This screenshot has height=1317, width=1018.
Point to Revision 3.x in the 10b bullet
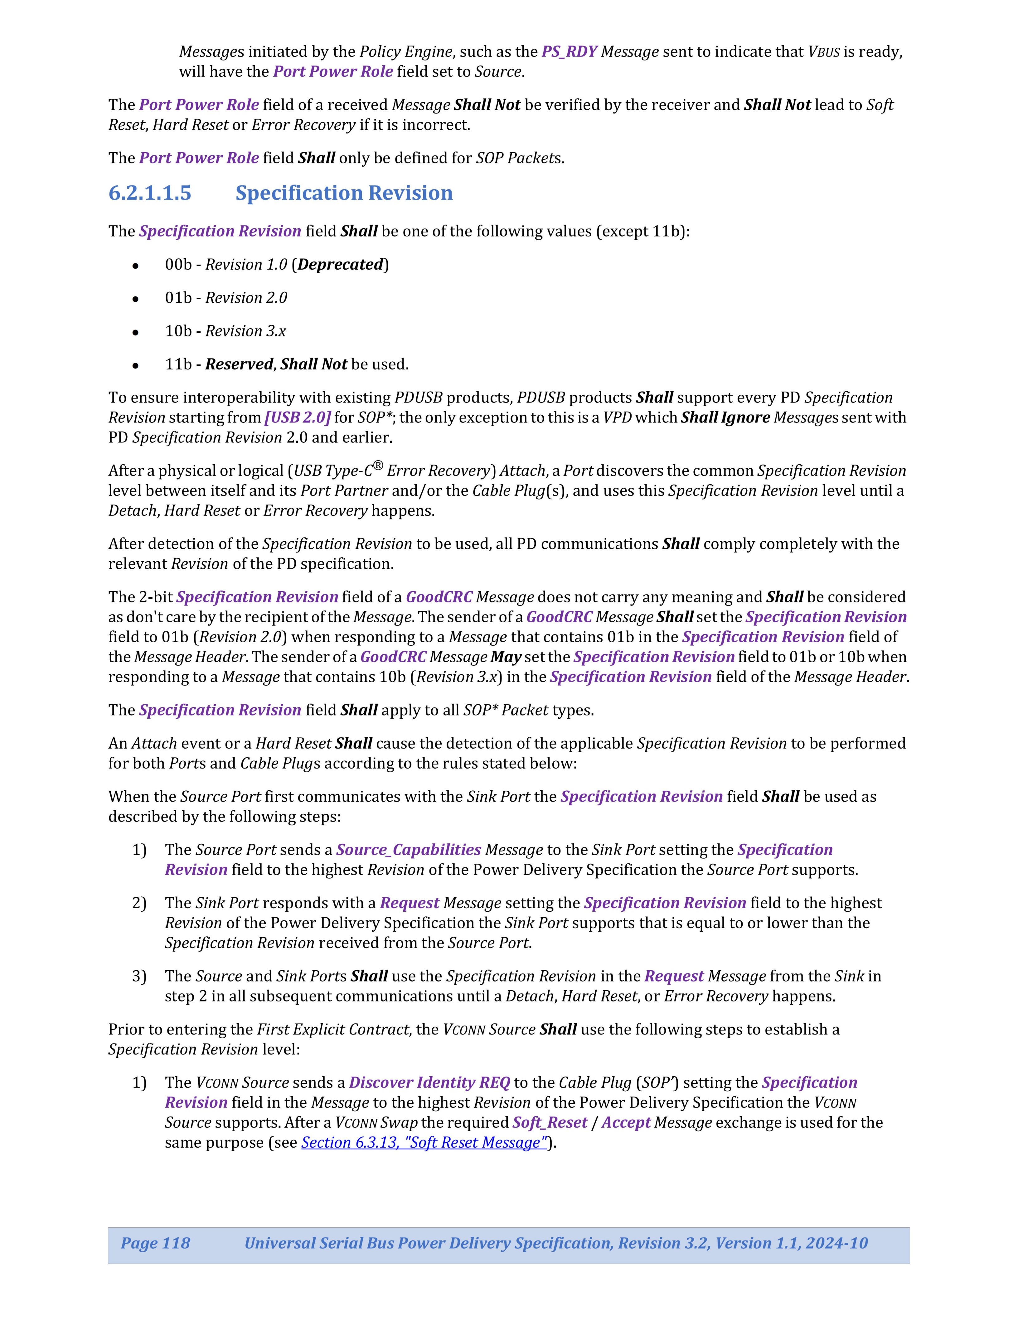click(x=245, y=331)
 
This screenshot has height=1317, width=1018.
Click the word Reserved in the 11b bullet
click(x=239, y=364)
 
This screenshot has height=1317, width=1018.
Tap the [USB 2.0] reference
click(x=297, y=417)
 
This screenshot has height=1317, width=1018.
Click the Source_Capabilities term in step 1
click(x=408, y=850)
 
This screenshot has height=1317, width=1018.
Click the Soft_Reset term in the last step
click(x=550, y=1122)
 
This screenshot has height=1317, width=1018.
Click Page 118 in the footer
click(x=156, y=1243)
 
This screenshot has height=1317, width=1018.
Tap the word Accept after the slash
click(x=626, y=1122)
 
